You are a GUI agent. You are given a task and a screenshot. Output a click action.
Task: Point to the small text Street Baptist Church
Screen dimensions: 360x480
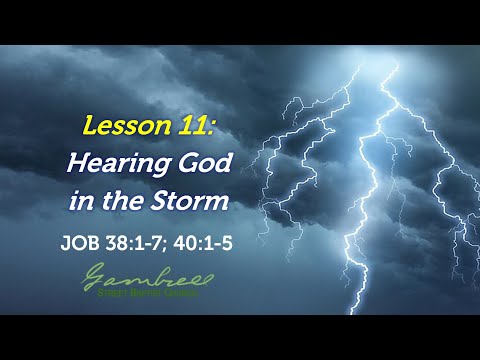point(146,293)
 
